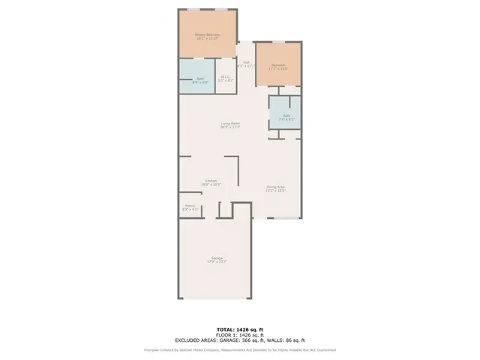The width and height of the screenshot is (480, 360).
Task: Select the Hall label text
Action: pos(245,62)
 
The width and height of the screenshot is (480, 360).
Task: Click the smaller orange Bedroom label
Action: pos(278,65)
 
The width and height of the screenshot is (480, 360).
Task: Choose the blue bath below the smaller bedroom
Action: pos(285,116)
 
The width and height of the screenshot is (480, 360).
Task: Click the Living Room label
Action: pos(229,123)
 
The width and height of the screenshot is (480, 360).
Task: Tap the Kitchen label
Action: pos(211,180)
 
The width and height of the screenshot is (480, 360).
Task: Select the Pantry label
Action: pos(190,206)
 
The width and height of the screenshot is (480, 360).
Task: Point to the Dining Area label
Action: pos(275,187)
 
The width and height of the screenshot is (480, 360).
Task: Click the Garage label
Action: pos(216,258)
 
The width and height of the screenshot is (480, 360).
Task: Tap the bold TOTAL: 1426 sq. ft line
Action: pos(240,329)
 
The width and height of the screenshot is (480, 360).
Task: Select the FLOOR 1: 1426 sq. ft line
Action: pos(240,334)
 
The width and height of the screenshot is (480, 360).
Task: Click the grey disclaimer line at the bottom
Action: pos(240,349)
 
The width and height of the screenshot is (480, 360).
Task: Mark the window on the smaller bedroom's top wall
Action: pos(278,43)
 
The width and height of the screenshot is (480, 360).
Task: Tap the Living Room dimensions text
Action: pos(229,127)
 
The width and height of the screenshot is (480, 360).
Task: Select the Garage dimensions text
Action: pos(216,262)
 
